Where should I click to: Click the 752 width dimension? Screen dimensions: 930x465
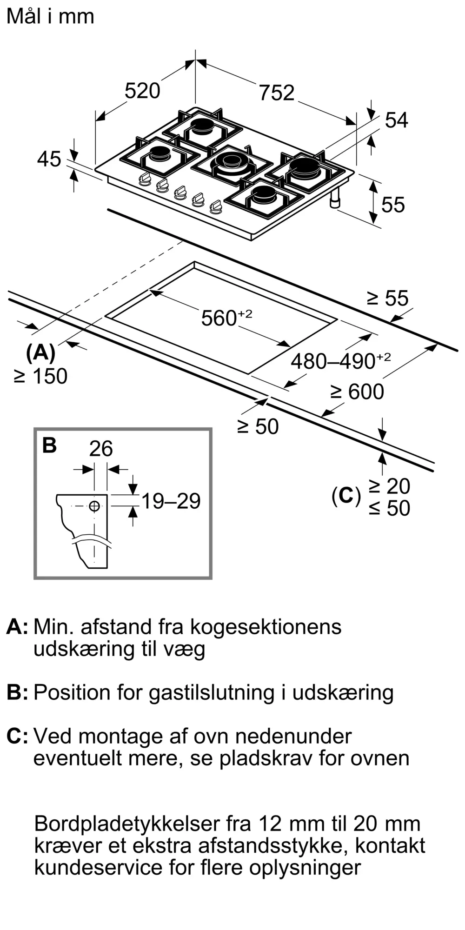[x=277, y=93]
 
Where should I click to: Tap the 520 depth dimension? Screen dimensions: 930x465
[x=142, y=90]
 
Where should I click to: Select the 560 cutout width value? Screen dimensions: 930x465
[x=219, y=319]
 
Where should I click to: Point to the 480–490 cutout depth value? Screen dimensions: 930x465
[x=333, y=361]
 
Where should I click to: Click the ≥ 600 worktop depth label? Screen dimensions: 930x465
[x=357, y=392]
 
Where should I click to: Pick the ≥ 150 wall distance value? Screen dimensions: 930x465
[x=41, y=376]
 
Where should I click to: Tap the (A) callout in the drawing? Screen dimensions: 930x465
[x=41, y=353]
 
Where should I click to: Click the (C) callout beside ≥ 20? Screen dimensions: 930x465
[x=346, y=496]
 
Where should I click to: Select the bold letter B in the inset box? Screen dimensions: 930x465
[x=49, y=445]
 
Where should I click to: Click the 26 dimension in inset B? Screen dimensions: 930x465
[x=101, y=449]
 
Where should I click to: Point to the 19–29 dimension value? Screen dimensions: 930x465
[x=171, y=501]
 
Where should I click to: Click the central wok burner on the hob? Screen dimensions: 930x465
[x=232, y=163]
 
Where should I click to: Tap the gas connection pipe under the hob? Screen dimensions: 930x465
[x=335, y=199]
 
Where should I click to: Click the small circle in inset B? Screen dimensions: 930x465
[x=94, y=506]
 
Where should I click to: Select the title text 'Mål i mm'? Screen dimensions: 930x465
[x=51, y=16]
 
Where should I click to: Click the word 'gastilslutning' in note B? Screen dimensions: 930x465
[x=212, y=693]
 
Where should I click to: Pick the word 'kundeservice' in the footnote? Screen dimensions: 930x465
[x=98, y=867]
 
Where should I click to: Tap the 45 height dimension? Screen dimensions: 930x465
[x=49, y=159]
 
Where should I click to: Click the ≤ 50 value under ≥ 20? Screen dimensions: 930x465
[x=390, y=508]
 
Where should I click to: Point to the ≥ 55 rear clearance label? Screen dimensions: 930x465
[x=388, y=298]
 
